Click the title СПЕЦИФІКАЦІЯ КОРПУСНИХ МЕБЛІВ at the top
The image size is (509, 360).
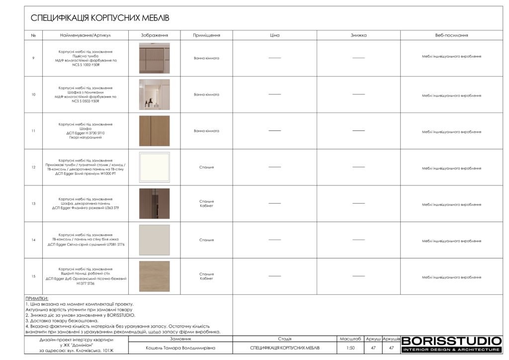(100, 18)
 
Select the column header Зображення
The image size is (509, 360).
(154, 35)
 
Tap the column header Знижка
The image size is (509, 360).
(358, 35)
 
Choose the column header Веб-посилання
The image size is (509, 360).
(451, 35)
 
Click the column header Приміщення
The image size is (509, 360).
(206, 35)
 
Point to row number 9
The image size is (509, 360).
(33, 58)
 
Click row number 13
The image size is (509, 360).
(33, 204)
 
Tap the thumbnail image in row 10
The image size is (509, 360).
(154, 94)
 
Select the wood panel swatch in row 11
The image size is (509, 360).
(154, 131)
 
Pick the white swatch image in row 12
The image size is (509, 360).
(154, 167)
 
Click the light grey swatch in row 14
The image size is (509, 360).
(154, 240)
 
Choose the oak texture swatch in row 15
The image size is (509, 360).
(154, 276)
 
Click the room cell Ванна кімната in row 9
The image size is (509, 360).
(206, 58)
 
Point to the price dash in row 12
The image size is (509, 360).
(275, 167)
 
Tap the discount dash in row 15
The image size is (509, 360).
(358, 276)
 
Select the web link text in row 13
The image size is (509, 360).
(451, 204)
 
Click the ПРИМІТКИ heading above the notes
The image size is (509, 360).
(37, 298)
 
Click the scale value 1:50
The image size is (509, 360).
(350, 348)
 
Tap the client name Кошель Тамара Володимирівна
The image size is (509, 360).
(180, 348)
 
